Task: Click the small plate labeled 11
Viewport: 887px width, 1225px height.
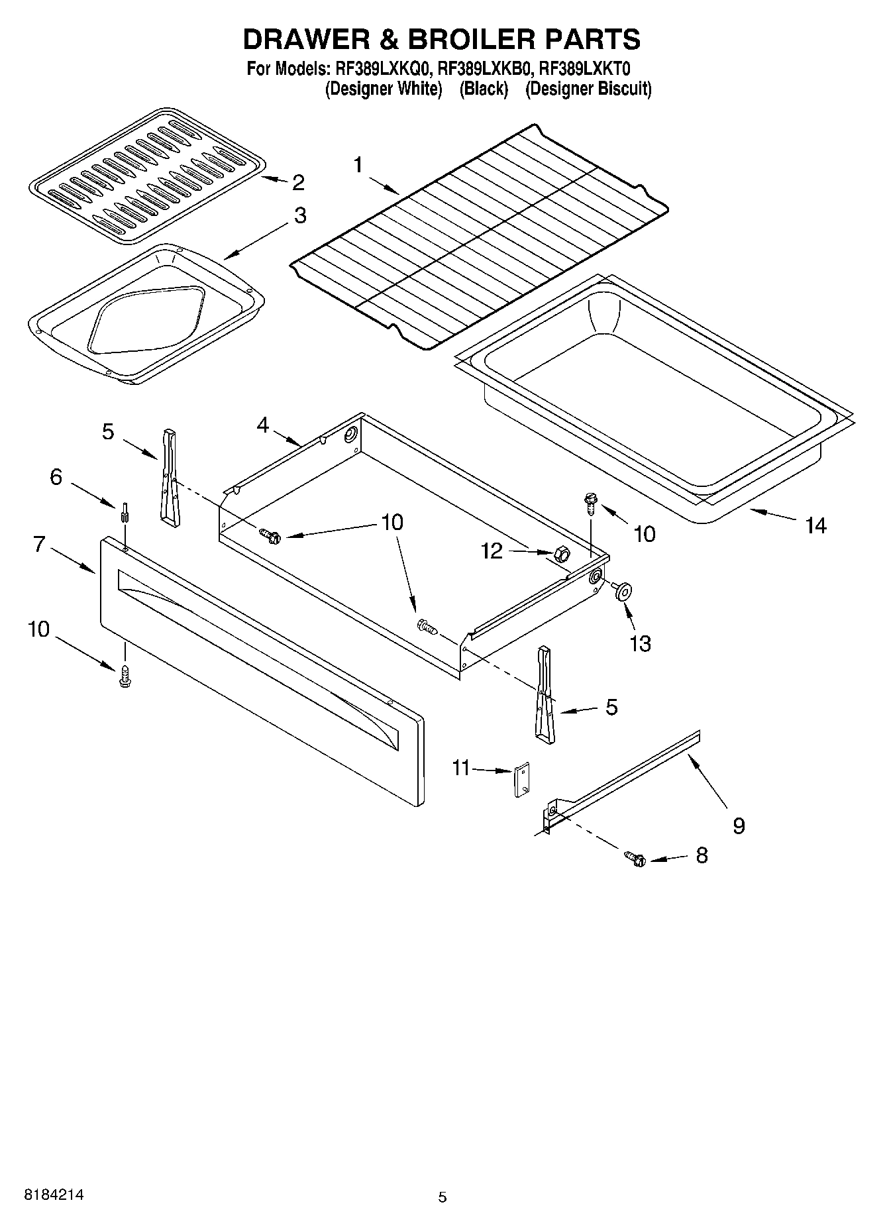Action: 522,780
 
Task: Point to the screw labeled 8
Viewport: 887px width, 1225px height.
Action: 635,858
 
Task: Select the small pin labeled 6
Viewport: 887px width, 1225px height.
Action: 124,513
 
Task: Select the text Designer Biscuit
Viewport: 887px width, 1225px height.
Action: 588,89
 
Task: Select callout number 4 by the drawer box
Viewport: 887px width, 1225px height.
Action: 263,425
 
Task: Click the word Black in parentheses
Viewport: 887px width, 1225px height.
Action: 484,89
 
